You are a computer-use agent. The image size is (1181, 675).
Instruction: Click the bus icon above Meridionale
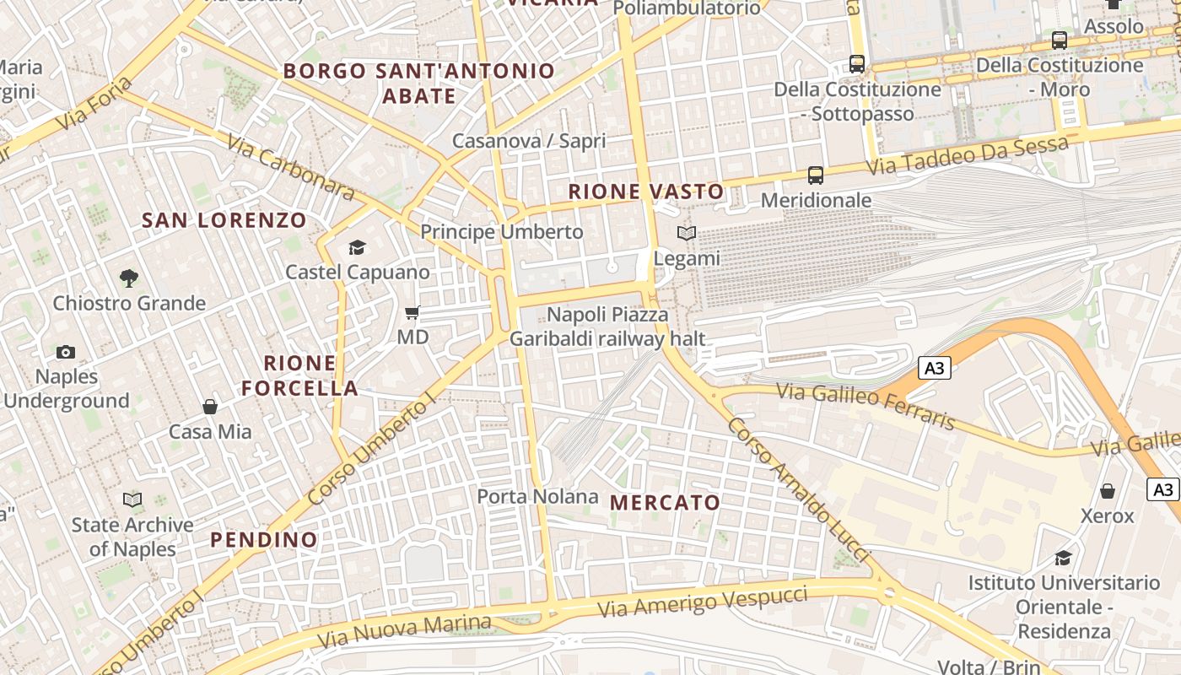[x=815, y=175]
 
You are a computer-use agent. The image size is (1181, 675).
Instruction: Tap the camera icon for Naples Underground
[x=66, y=352]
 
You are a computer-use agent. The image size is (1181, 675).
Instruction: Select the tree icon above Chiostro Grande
[x=129, y=278]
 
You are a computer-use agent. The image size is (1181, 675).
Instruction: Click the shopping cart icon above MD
[x=413, y=313]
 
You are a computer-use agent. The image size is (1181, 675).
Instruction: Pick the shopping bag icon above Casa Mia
[x=210, y=407]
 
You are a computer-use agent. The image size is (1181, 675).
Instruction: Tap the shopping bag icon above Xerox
[x=1108, y=491]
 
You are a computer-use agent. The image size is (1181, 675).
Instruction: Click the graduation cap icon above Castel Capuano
[x=357, y=247]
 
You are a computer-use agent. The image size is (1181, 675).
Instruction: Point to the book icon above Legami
[x=687, y=234]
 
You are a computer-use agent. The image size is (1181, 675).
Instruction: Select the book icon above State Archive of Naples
[x=132, y=499]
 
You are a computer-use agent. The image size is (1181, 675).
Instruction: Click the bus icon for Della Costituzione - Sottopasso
[x=857, y=64]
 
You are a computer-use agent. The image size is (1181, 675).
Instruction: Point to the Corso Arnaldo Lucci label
[x=797, y=489]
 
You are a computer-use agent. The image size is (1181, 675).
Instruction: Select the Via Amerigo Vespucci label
[x=702, y=601]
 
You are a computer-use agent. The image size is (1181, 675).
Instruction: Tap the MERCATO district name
[x=665, y=503]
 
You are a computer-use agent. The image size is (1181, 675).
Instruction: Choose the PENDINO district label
[x=264, y=539]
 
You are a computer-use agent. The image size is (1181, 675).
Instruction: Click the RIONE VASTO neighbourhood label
[x=646, y=192]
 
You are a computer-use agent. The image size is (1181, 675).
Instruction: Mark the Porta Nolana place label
[x=537, y=496]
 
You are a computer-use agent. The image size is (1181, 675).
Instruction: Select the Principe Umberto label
[x=501, y=231]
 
